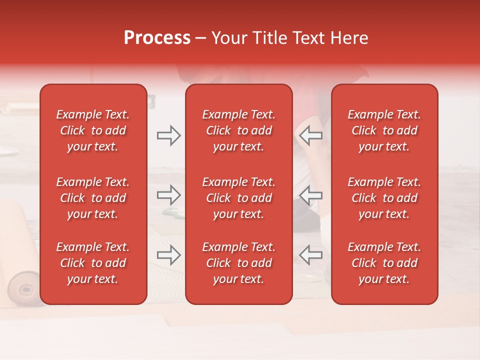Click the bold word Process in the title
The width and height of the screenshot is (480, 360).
click(157, 38)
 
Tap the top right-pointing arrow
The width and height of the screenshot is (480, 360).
click(168, 135)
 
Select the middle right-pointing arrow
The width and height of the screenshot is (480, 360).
click(168, 195)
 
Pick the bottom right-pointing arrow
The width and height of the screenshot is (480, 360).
click(168, 255)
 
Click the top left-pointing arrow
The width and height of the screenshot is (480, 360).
click(310, 135)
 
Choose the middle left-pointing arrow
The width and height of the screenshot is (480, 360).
click(310, 195)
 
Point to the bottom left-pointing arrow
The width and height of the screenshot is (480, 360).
click(310, 255)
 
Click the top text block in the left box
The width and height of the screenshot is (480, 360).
click(93, 130)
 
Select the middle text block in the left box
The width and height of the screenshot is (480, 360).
click(93, 198)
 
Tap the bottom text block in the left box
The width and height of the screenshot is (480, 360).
click(93, 263)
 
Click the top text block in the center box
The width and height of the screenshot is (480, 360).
click(238, 130)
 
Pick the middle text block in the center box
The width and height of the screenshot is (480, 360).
click(238, 198)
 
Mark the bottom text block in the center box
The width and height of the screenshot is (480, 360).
click(238, 263)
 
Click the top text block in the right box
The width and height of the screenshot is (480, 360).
click(384, 130)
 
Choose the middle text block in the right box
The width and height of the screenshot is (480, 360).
click(384, 198)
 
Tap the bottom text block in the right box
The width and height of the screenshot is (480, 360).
click(384, 263)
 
